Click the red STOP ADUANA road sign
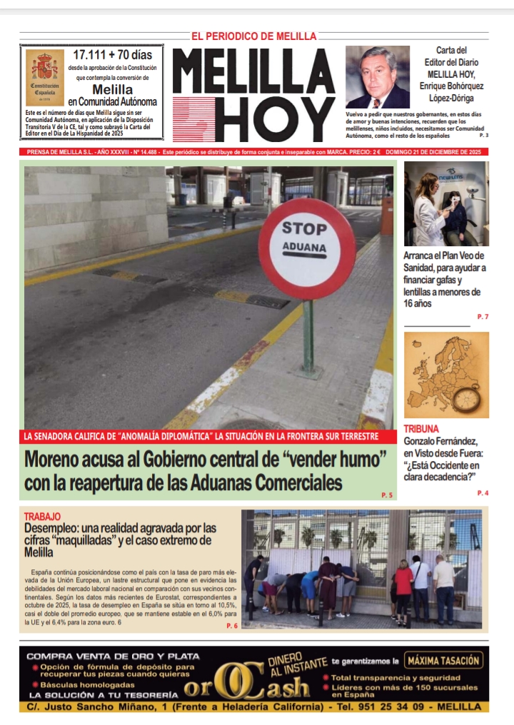click(306, 248)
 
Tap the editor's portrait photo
click(378, 77)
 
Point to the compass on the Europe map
click(468, 396)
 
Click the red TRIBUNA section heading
click(421, 429)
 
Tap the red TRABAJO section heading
click(42, 516)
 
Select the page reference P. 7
click(483, 316)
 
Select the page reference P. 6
click(231, 625)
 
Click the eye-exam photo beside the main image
click(446, 203)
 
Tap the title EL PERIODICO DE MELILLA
click(253, 36)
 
